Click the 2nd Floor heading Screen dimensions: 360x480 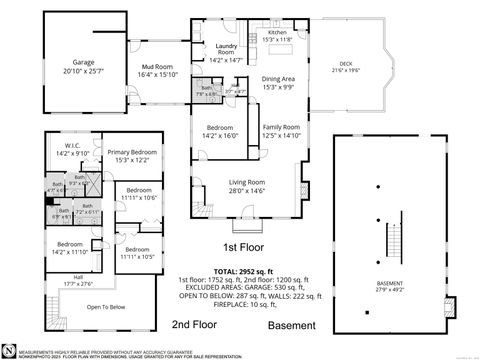coord(194,325)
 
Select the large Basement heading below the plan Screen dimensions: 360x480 coord(292,325)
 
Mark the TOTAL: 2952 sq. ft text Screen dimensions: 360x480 coord(235,269)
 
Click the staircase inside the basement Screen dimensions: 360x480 coord(393,233)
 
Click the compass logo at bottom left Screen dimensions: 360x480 coord(9,350)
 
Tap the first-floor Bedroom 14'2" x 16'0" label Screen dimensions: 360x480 coord(220,131)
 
